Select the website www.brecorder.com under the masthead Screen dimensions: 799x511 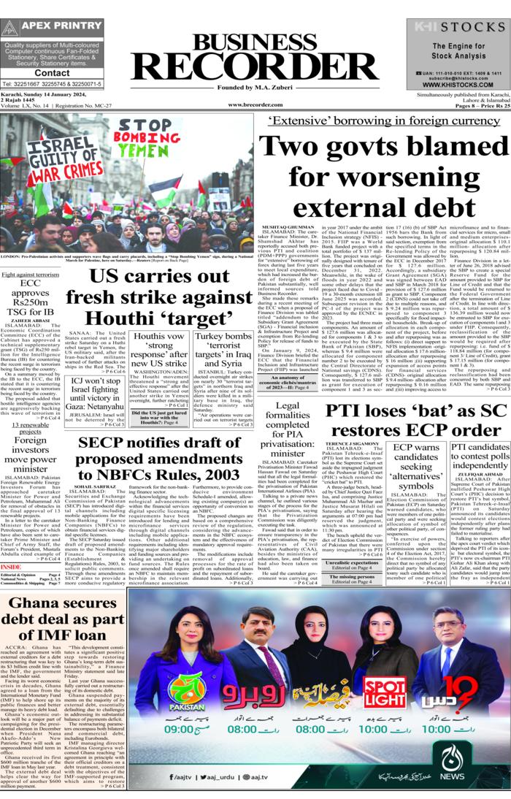(x=255, y=105)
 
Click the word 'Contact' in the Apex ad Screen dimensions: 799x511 (x=52, y=73)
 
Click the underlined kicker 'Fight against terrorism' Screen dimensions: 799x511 (x=30, y=274)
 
